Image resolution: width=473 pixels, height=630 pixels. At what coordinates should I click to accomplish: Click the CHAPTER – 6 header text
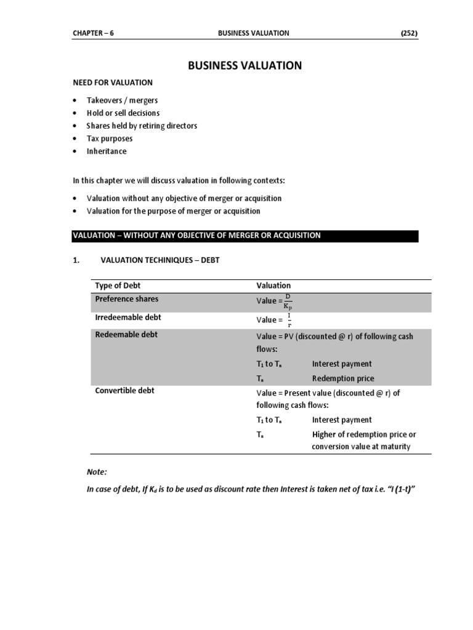pyautogui.click(x=93, y=33)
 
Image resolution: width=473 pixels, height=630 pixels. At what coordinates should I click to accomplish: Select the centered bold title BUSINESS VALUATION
pyautogui.click(x=245, y=65)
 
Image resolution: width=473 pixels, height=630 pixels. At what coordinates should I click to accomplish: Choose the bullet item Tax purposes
pyautogui.click(x=110, y=138)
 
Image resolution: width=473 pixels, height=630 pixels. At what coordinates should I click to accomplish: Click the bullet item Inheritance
pyautogui.click(x=107, y=151)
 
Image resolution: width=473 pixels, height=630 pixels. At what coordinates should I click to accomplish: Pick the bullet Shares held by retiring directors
pyautogui.click(x=142, y=126)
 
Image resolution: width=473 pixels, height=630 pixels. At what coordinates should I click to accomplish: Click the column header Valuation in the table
pyautogui.click(x=273, y=285)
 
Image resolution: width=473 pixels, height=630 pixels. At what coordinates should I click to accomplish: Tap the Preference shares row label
pyautogui.click(x=127, y=299)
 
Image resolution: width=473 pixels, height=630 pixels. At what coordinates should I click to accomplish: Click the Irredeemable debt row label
pyautogui.click(x=129, y=317)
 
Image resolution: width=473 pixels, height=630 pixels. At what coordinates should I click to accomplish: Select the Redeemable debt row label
pyautogui.click(x=127, y=335)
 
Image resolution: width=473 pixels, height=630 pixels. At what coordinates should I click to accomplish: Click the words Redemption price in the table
pyautogui.click(x=343, y=378)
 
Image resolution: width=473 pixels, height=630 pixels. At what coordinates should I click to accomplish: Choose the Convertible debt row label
pyautogui.click(x=126, y=391)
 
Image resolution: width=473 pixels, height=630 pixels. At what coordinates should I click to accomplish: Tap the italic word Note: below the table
pyautogui.click(x=97, y=472)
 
